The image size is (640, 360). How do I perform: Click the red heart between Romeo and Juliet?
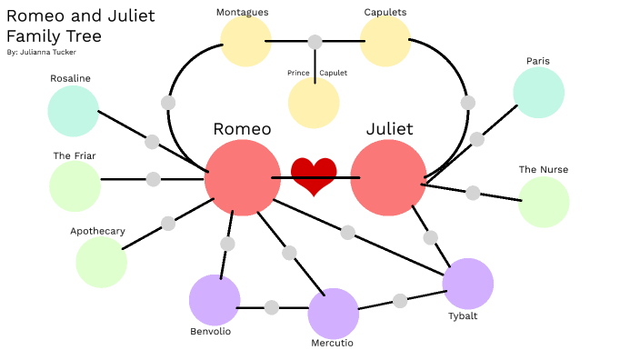(x=314, y=175)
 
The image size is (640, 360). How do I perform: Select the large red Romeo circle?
(x=242, y=177)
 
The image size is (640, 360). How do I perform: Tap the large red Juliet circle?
(x=388, y=178)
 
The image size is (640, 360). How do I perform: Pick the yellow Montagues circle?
(x=246, y=42)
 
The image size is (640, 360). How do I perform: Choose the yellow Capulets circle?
(x=385, y=42)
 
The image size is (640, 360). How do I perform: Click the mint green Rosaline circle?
(x=73, y=111)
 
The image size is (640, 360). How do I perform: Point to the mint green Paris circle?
(x=538, y=93)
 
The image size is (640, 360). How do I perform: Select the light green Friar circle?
(x=75, y=186)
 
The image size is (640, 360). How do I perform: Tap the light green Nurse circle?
(x=544, y=202)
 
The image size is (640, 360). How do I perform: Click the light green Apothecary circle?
(x=101, y=262)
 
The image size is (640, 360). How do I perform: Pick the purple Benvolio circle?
(x=215, y=299)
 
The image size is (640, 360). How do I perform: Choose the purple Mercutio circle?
(x=333, y=314)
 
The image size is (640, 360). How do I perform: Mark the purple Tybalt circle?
(x=467, y=284)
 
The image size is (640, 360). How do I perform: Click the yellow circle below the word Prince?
(x=314, y=103)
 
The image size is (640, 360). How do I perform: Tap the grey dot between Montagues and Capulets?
(x=315, y=42)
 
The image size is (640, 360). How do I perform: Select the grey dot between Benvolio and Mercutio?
(x=271, y=307)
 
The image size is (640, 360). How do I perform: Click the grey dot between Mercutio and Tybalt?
(x=400, y=301)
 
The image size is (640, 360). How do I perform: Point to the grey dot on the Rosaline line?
(x=152, y=142)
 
